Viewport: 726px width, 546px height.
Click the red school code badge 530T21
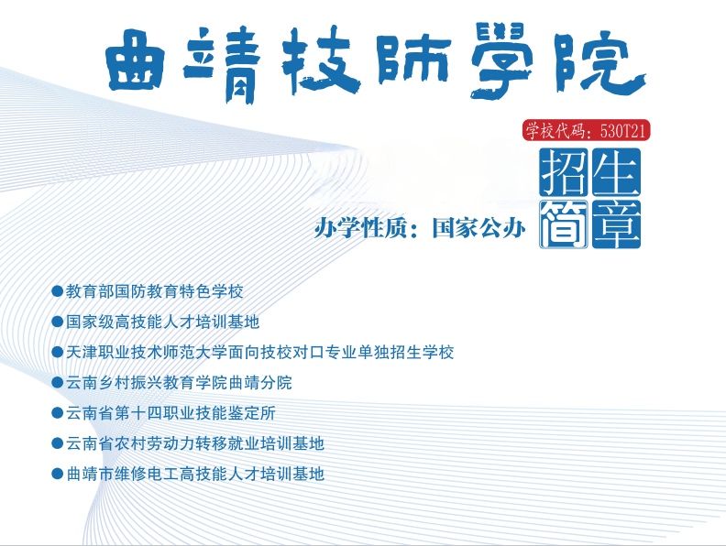pyautogui.click(x=587, y=131)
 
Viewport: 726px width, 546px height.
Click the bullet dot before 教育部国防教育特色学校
pyautogui.click(x=58, y=292)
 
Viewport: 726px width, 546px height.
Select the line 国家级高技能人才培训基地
pyautogui.click(x=163, y=322)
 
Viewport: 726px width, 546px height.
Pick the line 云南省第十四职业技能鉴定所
pyautogui.click(x=170, y=413)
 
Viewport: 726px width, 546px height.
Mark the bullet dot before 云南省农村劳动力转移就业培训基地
pyautogui.click(x=58, y=443)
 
